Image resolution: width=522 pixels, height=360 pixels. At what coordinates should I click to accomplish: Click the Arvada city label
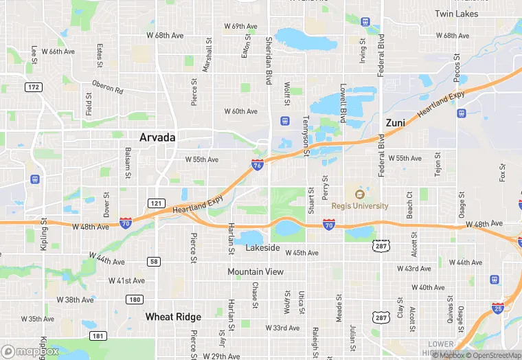point(157,137)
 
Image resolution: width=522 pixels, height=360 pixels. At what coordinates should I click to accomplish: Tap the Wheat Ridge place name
point(173,317)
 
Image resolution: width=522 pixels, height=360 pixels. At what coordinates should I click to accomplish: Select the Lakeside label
point(262,247)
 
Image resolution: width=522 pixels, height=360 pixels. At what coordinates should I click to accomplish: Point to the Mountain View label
point(256,272)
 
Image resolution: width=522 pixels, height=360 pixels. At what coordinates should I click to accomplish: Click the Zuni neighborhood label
point(395,122)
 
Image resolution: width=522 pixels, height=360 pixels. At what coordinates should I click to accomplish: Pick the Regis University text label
point(360,205)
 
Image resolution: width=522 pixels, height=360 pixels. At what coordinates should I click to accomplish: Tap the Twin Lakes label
point(456,14)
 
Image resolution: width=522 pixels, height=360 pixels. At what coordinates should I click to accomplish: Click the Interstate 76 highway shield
point(256,166)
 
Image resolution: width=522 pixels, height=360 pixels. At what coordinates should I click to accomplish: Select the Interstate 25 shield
point(497,307)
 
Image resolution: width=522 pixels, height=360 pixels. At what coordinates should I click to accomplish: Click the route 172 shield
point(33,87)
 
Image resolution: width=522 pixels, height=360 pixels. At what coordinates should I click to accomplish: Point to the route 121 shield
point(155,203)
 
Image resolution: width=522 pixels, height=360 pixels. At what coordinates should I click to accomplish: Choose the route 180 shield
point(134,299)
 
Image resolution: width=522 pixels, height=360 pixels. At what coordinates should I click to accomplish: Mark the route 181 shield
point(98,335)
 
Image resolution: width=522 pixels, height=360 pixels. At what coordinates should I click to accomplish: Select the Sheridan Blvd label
point(268,62)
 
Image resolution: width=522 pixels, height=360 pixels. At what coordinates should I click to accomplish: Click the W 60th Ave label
point(240,111)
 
